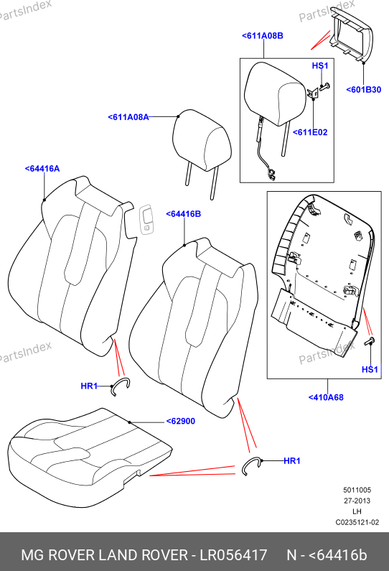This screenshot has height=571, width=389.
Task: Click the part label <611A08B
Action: tap(263, 36)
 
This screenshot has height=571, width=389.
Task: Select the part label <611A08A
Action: tap(128, 117)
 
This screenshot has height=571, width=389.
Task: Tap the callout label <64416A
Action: tap(42, 169)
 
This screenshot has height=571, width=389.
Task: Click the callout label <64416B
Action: tap(184, 214)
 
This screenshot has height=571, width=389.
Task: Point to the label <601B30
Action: tap(364, 90)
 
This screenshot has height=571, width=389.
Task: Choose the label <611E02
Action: tap(310, 132)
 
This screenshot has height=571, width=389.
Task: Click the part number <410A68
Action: tap(326, 397)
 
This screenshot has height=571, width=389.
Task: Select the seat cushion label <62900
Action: tap(180, 421)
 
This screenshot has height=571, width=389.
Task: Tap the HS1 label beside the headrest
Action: tap(320, 65)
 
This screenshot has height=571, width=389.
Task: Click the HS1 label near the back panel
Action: tap(370, 369)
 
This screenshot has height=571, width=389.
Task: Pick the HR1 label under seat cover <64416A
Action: tap(89, 386)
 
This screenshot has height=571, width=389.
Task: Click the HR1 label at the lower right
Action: tap(292, 460)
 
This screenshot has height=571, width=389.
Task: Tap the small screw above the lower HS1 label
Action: tap(370, 342)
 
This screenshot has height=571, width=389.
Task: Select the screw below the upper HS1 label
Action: tap(325, 87)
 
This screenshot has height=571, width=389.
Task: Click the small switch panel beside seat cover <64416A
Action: tap(146, 220)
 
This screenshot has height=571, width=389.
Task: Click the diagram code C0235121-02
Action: tap(357, 522)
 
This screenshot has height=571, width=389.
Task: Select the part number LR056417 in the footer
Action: tap(234, 555)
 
